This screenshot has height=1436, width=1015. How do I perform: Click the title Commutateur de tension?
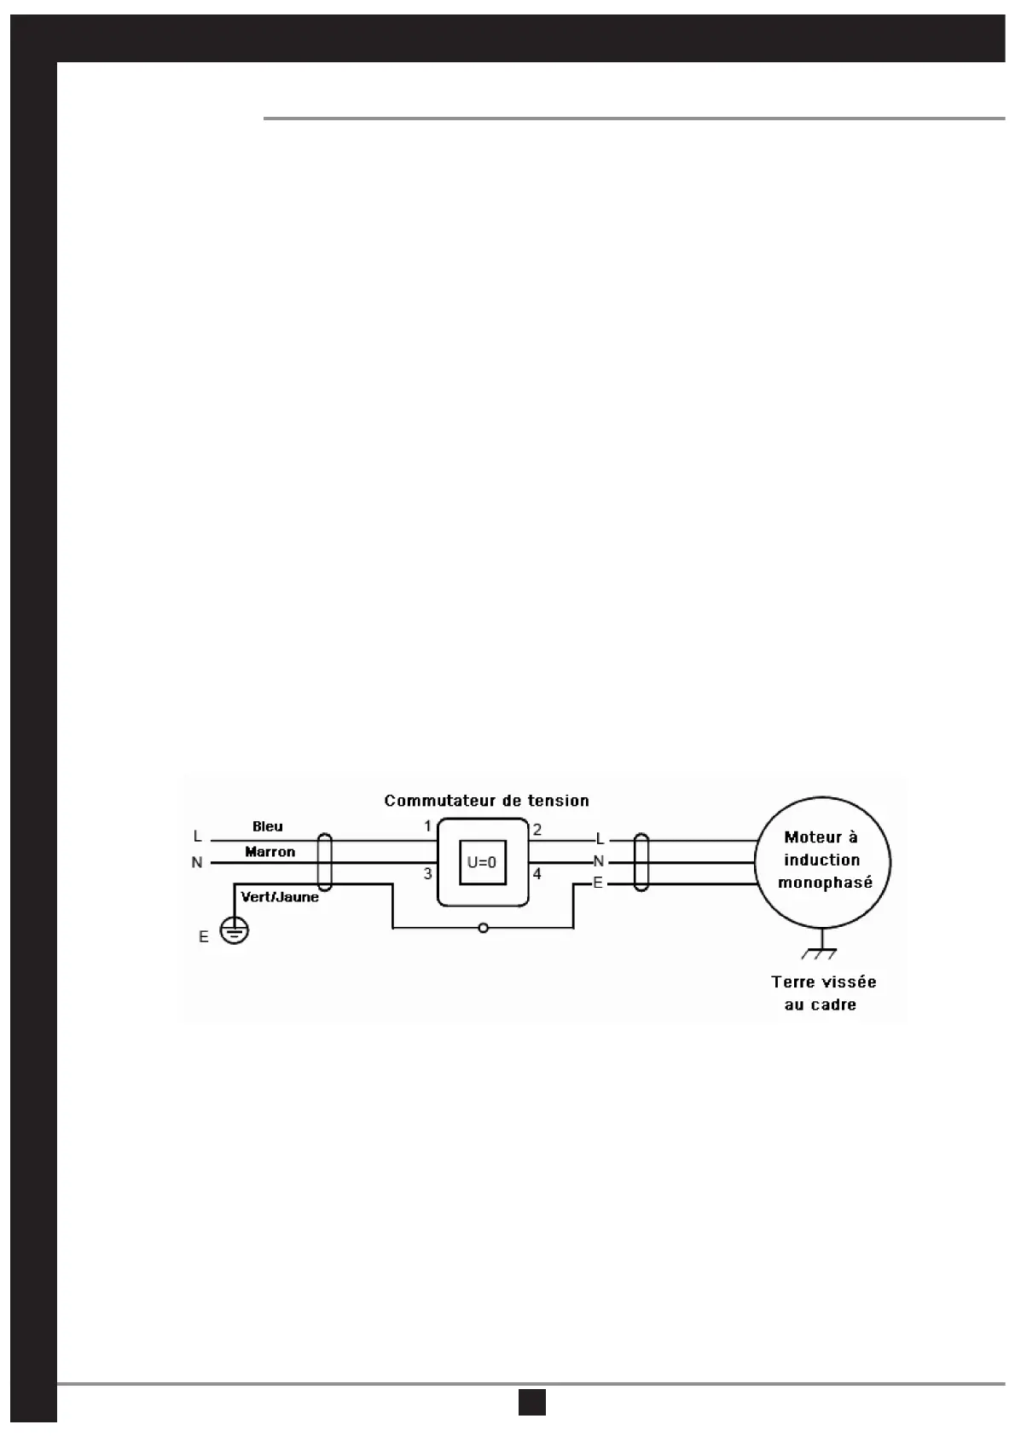486,801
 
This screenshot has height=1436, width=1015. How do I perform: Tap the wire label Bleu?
268,826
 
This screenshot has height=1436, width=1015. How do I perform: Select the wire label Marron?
270,852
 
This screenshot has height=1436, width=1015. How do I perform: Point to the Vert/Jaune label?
280,897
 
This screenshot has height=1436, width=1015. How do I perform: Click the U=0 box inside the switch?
482,862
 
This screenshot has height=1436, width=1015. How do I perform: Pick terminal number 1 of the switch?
428,826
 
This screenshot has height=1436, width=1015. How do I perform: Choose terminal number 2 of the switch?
537,830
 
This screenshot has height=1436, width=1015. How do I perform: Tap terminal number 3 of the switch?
428,874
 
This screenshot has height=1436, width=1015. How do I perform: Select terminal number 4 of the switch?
537,874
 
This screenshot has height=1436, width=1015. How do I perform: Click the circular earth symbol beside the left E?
235,930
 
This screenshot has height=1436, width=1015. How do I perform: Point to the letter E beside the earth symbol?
204,937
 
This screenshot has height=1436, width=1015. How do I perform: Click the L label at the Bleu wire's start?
198,837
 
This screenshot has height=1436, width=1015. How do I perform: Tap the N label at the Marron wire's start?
197,863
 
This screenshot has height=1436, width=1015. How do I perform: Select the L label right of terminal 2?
600,840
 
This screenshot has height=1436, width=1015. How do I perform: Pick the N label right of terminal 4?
599,861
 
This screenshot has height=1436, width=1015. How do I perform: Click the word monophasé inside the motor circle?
825,883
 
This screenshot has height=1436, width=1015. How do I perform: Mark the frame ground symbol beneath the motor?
820,950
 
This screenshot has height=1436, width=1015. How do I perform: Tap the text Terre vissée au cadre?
823,993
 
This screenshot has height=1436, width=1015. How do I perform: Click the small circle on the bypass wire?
483,928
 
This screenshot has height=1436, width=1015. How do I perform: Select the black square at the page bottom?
532,1402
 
